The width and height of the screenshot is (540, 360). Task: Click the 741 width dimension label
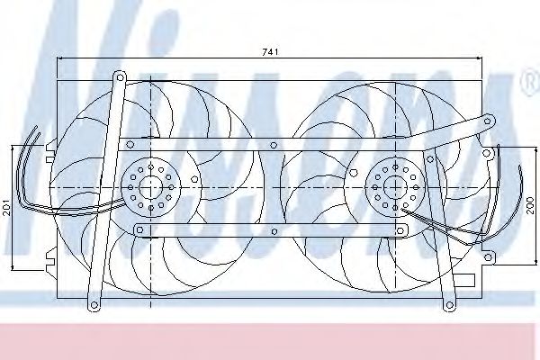(x=270, y=52)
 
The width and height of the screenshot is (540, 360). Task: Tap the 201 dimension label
(x=6, y=207)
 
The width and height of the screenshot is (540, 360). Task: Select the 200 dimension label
(x=531, y=205)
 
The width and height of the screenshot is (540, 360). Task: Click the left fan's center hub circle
(x=150, y=187)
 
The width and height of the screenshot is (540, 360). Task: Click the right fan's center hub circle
(x=395, y=187)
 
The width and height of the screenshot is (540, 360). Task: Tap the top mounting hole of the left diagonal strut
(x=120, y=77)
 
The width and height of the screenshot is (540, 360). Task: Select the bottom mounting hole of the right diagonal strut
(x=449, y=304)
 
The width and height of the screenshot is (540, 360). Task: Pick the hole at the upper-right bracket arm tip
(x=487, y=121)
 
